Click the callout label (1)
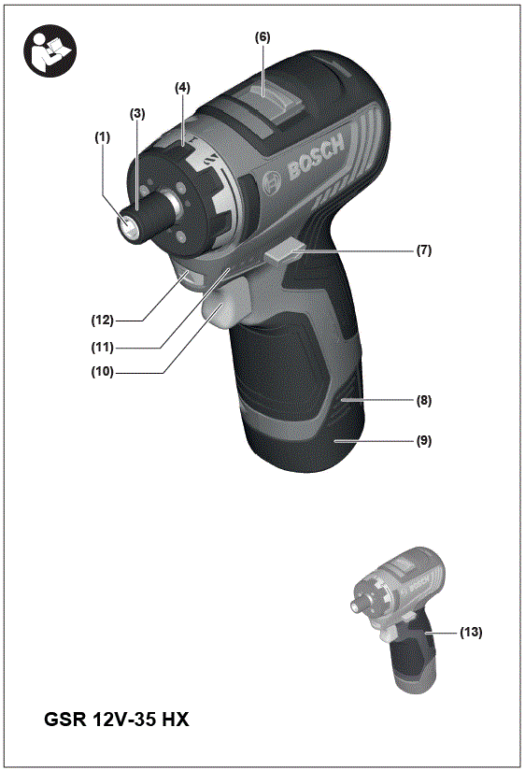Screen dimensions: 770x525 [x=102, y=136]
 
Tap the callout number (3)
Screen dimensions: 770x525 [x=138, y=113]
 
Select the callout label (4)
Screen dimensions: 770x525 [x=182, y=88]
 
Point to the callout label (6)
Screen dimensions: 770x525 [x=262, y=36]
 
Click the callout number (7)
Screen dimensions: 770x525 [x=423, y=251]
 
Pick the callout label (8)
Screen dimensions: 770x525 [x=423, y=399]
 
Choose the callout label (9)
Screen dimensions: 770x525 [x=423, y=438]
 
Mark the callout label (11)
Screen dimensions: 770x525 [x=102, y=347]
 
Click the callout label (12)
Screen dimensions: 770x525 [x=102, y=320]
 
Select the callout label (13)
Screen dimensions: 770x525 [x=470, y=633]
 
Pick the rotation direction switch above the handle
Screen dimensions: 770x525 [x=286, y=253]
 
